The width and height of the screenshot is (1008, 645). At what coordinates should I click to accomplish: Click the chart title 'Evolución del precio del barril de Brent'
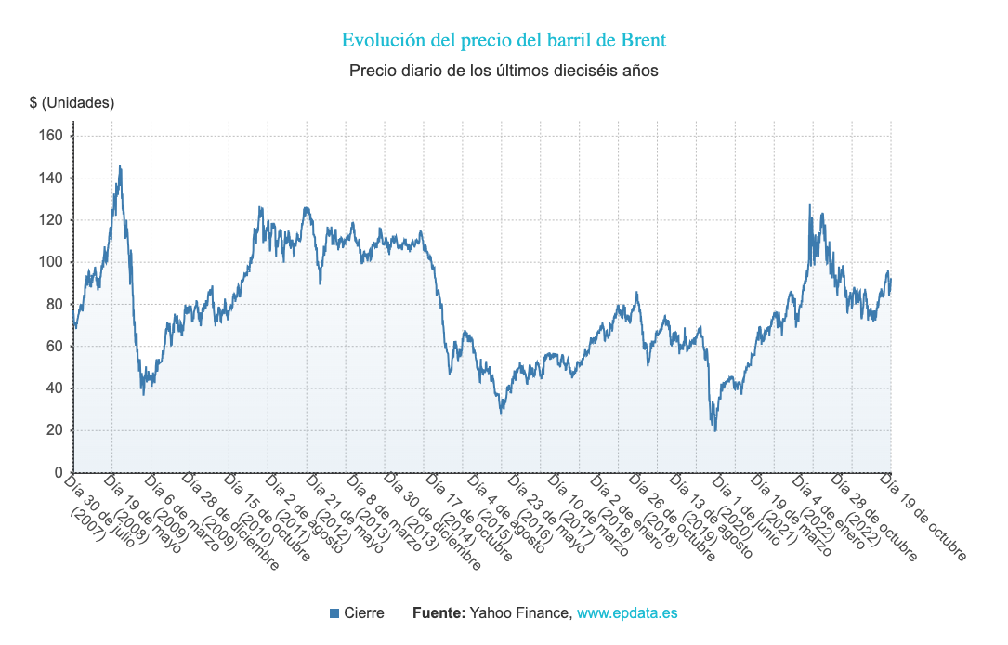pyautogui.click(x=504, y=40)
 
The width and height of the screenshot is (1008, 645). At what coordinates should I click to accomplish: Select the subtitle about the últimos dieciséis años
pyautogui.click(x=504, y=71)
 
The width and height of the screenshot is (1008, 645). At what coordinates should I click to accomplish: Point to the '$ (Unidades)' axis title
pyautogui.click(x=72, y=102)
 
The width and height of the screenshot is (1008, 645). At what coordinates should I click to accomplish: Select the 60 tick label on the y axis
pyautogui.click(x=53, y=347)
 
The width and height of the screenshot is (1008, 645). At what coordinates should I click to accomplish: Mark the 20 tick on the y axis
pyautogui.click(x=53, y=430)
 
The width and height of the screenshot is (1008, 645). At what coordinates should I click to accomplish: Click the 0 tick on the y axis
pyautogui.click(x=57, y=473)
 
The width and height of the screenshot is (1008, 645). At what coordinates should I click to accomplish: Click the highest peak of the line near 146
pyautogui.click(x=120, y=167)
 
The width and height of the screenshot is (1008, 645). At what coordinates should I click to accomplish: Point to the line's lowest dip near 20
pyautogui.click(x=715, y=429)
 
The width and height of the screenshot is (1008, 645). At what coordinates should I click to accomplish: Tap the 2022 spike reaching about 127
pyautogui.click(x=809, y=205)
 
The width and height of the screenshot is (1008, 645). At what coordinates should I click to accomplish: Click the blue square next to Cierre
pyautogui.click(x=334, y=613)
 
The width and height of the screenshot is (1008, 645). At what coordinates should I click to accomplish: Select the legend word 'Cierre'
pyautogui.click(x=364, y=613)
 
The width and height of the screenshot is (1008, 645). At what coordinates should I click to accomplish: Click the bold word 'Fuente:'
pyautogui.click(x=439, y=613)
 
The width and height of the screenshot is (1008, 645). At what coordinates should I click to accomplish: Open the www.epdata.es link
pyautogui.click(x=627, y=613)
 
